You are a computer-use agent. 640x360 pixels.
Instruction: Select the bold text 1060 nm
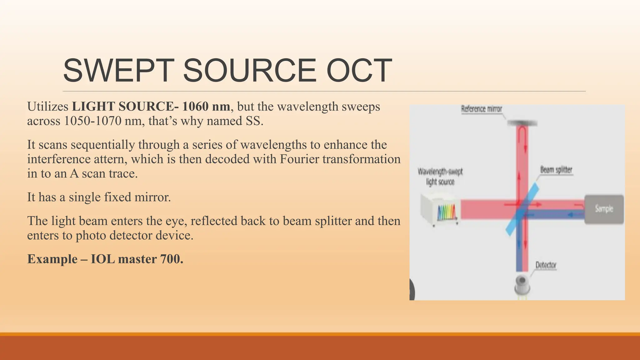[x=206, y=107]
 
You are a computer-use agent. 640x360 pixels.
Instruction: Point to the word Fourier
[x=299, y=159]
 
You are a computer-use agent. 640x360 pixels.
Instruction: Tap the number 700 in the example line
[x=171, y=259]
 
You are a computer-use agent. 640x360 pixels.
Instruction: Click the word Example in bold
[x=52, y=259]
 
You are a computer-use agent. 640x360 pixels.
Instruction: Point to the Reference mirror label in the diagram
[x=482, y=109]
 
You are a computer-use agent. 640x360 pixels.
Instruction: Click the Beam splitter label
[x=556, y=170]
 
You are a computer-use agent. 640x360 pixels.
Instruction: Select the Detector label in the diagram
[x=546, y=265]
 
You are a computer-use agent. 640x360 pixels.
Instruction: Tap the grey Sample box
[x=604, y=209]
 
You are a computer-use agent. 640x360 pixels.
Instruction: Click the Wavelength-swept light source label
[x=440, y=177]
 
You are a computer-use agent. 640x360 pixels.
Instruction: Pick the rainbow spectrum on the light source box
[x=447, y=213]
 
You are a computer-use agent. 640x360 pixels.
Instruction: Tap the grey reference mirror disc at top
[x=522, y=123]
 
